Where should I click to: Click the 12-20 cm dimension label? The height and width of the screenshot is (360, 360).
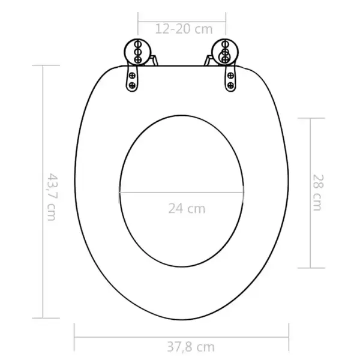click(184, 29)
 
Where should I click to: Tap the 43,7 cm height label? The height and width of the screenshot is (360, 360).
click(52, 197)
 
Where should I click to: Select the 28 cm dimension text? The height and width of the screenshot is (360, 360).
click(318, 193)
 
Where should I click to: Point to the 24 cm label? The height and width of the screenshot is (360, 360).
click(187, 208)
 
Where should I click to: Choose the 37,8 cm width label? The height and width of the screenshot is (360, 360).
click(191, 347)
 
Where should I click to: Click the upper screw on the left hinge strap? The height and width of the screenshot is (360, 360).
click(132, 76)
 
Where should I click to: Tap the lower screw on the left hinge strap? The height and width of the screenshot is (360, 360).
click(132, 85)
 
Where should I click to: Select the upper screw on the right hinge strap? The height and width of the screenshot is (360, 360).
click(230, 76)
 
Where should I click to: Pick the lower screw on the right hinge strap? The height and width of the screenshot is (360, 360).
click(230, 86)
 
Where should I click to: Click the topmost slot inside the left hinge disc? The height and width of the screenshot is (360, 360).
click(138, 44)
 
